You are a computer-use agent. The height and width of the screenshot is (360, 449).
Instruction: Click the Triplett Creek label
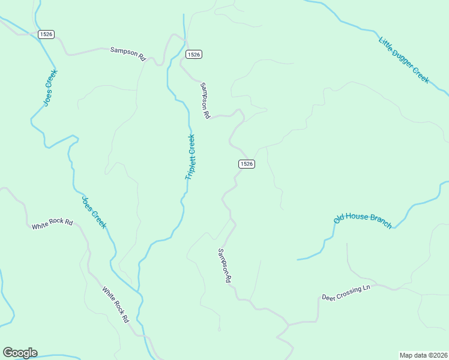pos(191,157)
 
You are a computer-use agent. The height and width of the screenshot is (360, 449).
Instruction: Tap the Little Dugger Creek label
pos(404,60)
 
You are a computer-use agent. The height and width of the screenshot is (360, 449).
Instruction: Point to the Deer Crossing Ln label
pos(346,293)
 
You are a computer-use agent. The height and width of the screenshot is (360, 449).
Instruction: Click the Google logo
pos(20,353)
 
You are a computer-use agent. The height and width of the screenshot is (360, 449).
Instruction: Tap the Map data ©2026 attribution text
pos(423,355)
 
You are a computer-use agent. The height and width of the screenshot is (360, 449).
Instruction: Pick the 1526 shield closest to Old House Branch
pos(246,164)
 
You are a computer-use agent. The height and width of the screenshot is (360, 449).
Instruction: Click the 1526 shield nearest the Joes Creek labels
pos(46,34)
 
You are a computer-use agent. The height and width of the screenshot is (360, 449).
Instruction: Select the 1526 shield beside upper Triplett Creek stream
pos(193,54)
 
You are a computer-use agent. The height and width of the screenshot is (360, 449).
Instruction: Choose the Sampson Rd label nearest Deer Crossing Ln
pos(224,266)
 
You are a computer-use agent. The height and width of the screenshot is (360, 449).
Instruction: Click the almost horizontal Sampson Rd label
pos(128,54)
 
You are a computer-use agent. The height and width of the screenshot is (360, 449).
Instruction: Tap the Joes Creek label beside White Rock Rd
pos(94,212)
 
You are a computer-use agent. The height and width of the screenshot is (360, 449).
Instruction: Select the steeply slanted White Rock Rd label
pos(115,305)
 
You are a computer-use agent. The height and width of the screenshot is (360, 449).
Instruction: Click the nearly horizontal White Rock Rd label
pos(52,224)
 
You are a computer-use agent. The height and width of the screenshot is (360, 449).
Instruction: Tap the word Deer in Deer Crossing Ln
pos(328,297)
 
